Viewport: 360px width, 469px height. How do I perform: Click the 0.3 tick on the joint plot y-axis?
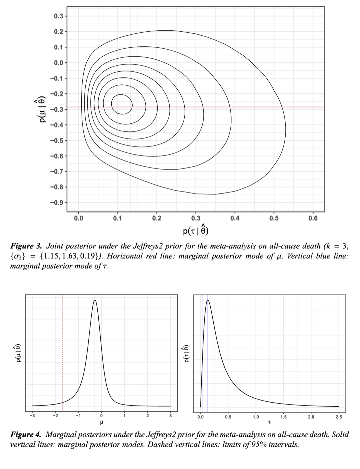58,16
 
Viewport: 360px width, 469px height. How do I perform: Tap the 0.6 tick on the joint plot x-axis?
313,218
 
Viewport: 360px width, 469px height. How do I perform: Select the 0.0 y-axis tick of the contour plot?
58,63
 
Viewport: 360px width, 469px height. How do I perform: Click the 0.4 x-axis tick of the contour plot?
235,218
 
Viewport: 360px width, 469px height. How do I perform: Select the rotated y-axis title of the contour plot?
42,110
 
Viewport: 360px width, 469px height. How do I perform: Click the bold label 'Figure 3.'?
26,246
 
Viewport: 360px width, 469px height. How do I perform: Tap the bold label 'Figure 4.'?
26,435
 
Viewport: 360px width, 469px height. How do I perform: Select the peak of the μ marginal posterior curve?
95,300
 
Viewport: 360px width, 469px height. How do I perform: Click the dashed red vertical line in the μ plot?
62,350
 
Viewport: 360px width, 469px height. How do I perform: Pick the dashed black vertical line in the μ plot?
114,350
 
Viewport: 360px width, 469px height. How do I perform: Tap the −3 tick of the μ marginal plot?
32,416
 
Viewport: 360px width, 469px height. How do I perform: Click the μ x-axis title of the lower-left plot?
102,422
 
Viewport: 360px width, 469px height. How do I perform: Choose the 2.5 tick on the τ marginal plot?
339,417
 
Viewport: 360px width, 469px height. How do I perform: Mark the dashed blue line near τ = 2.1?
316,350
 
